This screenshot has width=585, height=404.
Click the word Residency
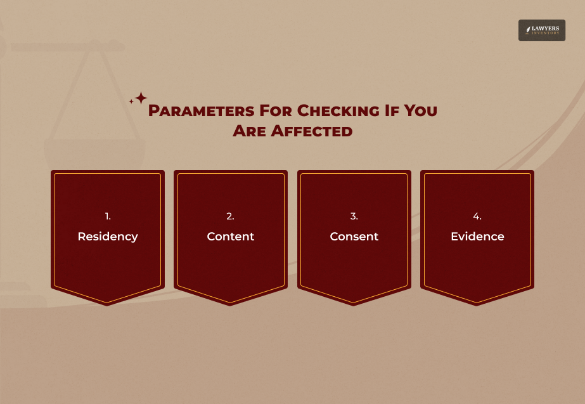coord(108,237)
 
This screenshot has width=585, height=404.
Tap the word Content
coord(231,237)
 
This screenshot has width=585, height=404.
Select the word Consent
coord(354,237)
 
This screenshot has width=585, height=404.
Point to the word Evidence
coord(477,237)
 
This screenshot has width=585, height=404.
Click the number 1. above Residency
coord(108,216)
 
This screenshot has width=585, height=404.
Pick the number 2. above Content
coord(231,216)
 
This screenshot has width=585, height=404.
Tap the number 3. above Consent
coord(354,216)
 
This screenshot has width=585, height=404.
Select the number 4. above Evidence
coord(477,216)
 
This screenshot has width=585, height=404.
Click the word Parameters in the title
coord(200,111)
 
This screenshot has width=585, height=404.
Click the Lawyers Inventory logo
coord(541,30)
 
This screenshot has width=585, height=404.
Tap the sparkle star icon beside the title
coord(139,98)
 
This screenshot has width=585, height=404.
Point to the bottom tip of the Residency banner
coord(108,304)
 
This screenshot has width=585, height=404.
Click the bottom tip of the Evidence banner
coord(477,304)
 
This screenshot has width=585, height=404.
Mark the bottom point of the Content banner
coord(231,304)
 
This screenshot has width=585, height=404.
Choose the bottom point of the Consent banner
coord(354,304)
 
